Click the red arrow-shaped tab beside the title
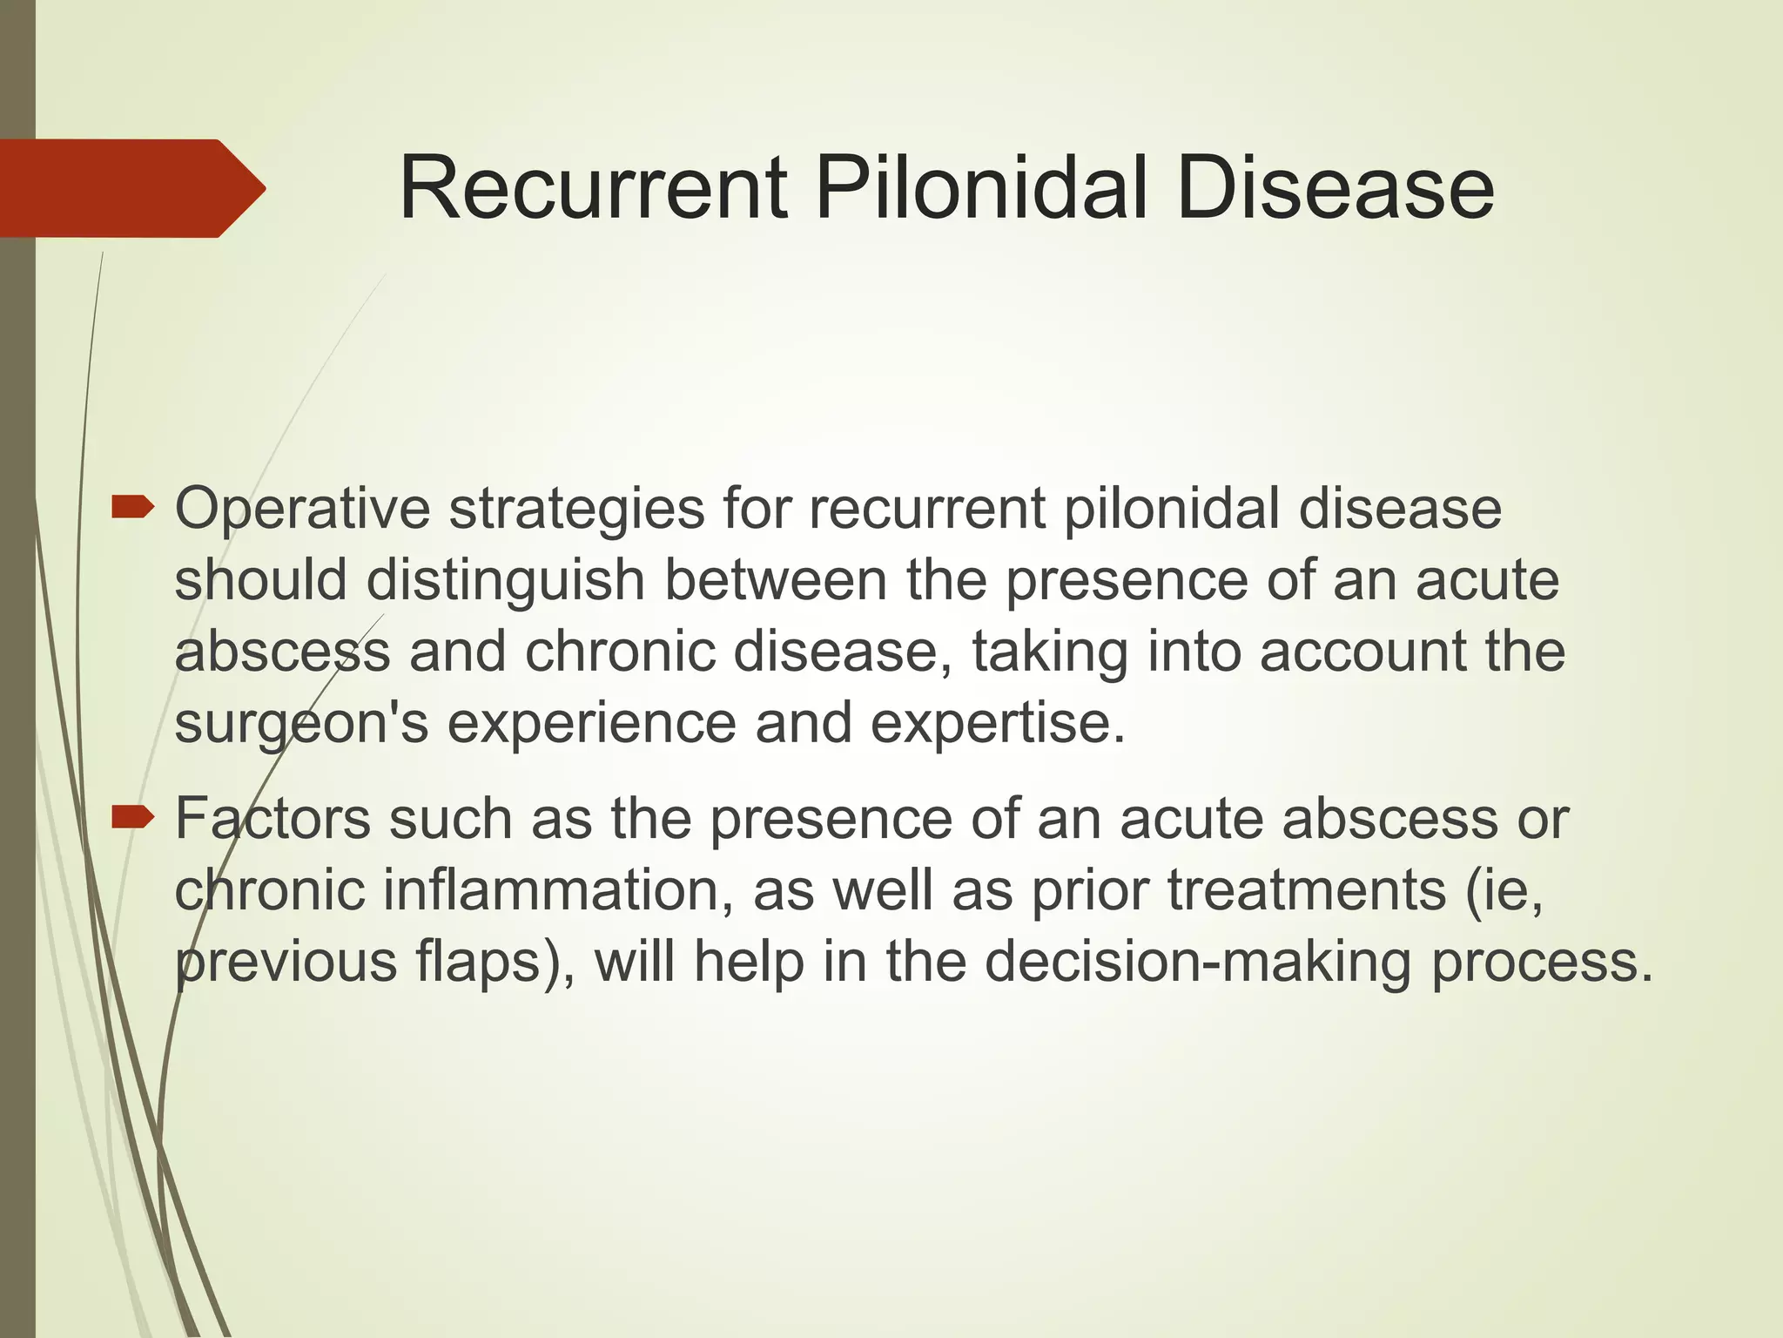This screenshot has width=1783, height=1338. pos(131,188)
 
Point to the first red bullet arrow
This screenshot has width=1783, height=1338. pos(132,506)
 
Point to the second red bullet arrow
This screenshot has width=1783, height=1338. pos(132,817)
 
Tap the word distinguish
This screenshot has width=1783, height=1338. pos(505,582)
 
